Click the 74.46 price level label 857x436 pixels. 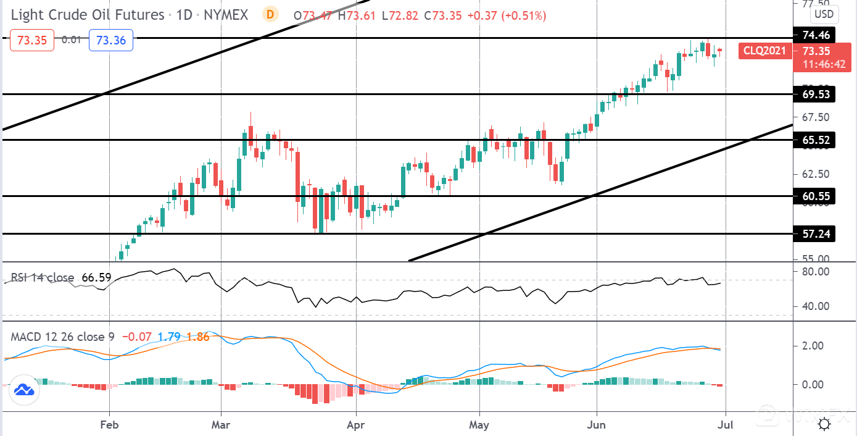pyautogui.click(x=815, y=35)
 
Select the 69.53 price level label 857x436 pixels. pyautogui.click(x=815, y=94)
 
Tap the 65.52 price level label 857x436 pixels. pyautogui.click(x=815, y=140)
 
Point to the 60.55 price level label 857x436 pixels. pyautogui.click(x=815, y=196)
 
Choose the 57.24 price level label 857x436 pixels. pyautogui.click(x=815, y=234)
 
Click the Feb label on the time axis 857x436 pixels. pyautogui.click(x=109, y=425)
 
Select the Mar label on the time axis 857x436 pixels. pyautogui.click(x=221, y=425)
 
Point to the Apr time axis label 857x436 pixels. pyautogui.click(x=356, y=425)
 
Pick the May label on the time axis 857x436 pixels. pyautogui.click(x=479, y=425)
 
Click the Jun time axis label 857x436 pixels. pyautogui.click(x=597, y=425)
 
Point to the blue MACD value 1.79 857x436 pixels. pyautogui.click(x=169, y=337)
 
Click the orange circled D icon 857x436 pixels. pyautogui.click(x=269, y=14)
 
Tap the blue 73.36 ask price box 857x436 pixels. pyautogui.click(x=112, y=40)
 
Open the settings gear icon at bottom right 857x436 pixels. pyautogui.click(x=824, y=424)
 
